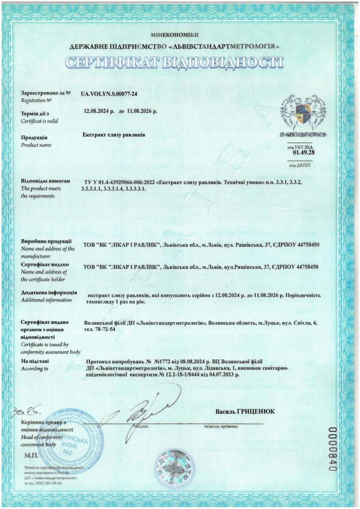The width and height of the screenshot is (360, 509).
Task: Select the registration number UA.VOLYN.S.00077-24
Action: (109, 94)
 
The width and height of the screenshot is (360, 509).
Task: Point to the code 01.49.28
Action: (304, 152)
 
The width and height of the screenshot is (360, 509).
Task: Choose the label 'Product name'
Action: (36, 145)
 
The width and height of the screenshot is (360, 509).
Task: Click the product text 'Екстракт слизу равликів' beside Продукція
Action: (114, 135)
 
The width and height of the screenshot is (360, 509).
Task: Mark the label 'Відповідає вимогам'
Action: (45, 181)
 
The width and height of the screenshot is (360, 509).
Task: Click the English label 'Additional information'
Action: (46, 300)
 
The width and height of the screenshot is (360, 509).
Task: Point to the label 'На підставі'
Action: (35, 361)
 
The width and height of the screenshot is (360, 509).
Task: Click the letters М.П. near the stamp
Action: (30, 454)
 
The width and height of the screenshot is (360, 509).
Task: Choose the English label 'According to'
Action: (34, 369)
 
